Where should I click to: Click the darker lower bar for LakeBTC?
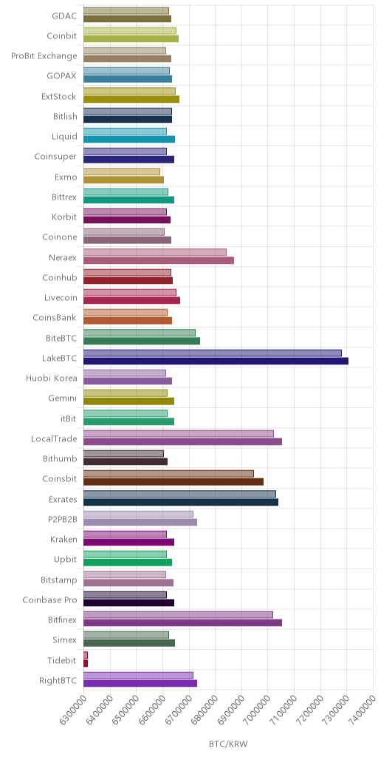point(216,361)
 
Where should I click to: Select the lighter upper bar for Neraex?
point(155,252)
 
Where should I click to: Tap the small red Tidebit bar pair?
point(86,659)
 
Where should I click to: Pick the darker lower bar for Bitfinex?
point(183,622)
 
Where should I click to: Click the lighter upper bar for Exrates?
point(180,494)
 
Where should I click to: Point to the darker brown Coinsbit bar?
point(173,481)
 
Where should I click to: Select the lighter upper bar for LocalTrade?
point(179,433)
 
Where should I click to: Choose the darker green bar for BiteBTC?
point(142,341)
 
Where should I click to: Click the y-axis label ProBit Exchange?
point(44,55)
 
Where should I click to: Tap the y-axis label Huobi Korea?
point(52,378)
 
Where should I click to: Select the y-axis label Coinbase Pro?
point(50,600)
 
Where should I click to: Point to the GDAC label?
point(65,16)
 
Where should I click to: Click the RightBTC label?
point(58,681)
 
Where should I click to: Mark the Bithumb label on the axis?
point(61,458)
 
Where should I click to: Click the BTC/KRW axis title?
point(228,744)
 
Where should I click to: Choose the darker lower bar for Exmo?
point(124,180)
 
